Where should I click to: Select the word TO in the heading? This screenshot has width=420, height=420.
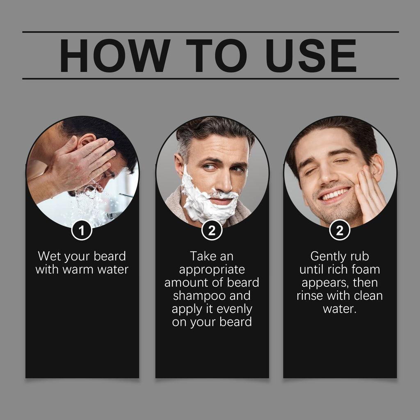(x=216, y=55)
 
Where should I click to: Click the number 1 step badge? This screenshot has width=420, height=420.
(x=82, y=230)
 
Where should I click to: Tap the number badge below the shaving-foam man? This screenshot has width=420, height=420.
(x=212, y=230)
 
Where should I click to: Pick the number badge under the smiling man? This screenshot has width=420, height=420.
(x=340, y=230)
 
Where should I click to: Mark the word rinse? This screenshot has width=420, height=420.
(x=310, y=296)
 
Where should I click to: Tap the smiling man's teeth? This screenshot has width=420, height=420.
(x=336, y=194)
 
